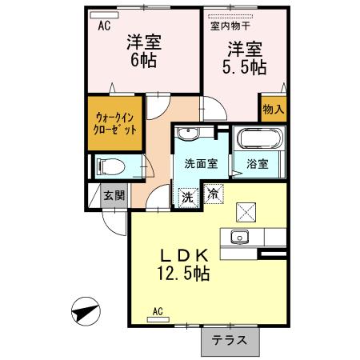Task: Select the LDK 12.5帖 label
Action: tap(185, 265)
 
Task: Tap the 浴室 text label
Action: tap(256, 165)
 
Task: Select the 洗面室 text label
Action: tap(201, 165)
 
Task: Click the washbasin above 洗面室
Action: tap(190, 133)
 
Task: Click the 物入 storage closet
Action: tap(272, 109)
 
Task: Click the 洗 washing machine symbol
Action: tap(187, 194)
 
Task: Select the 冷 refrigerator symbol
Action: tap(213, 193)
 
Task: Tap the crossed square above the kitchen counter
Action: tap(245, 213)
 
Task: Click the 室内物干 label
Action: tap(229, 26)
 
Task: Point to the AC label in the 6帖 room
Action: tap(104, 25)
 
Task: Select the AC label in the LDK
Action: tap(158, 311)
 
